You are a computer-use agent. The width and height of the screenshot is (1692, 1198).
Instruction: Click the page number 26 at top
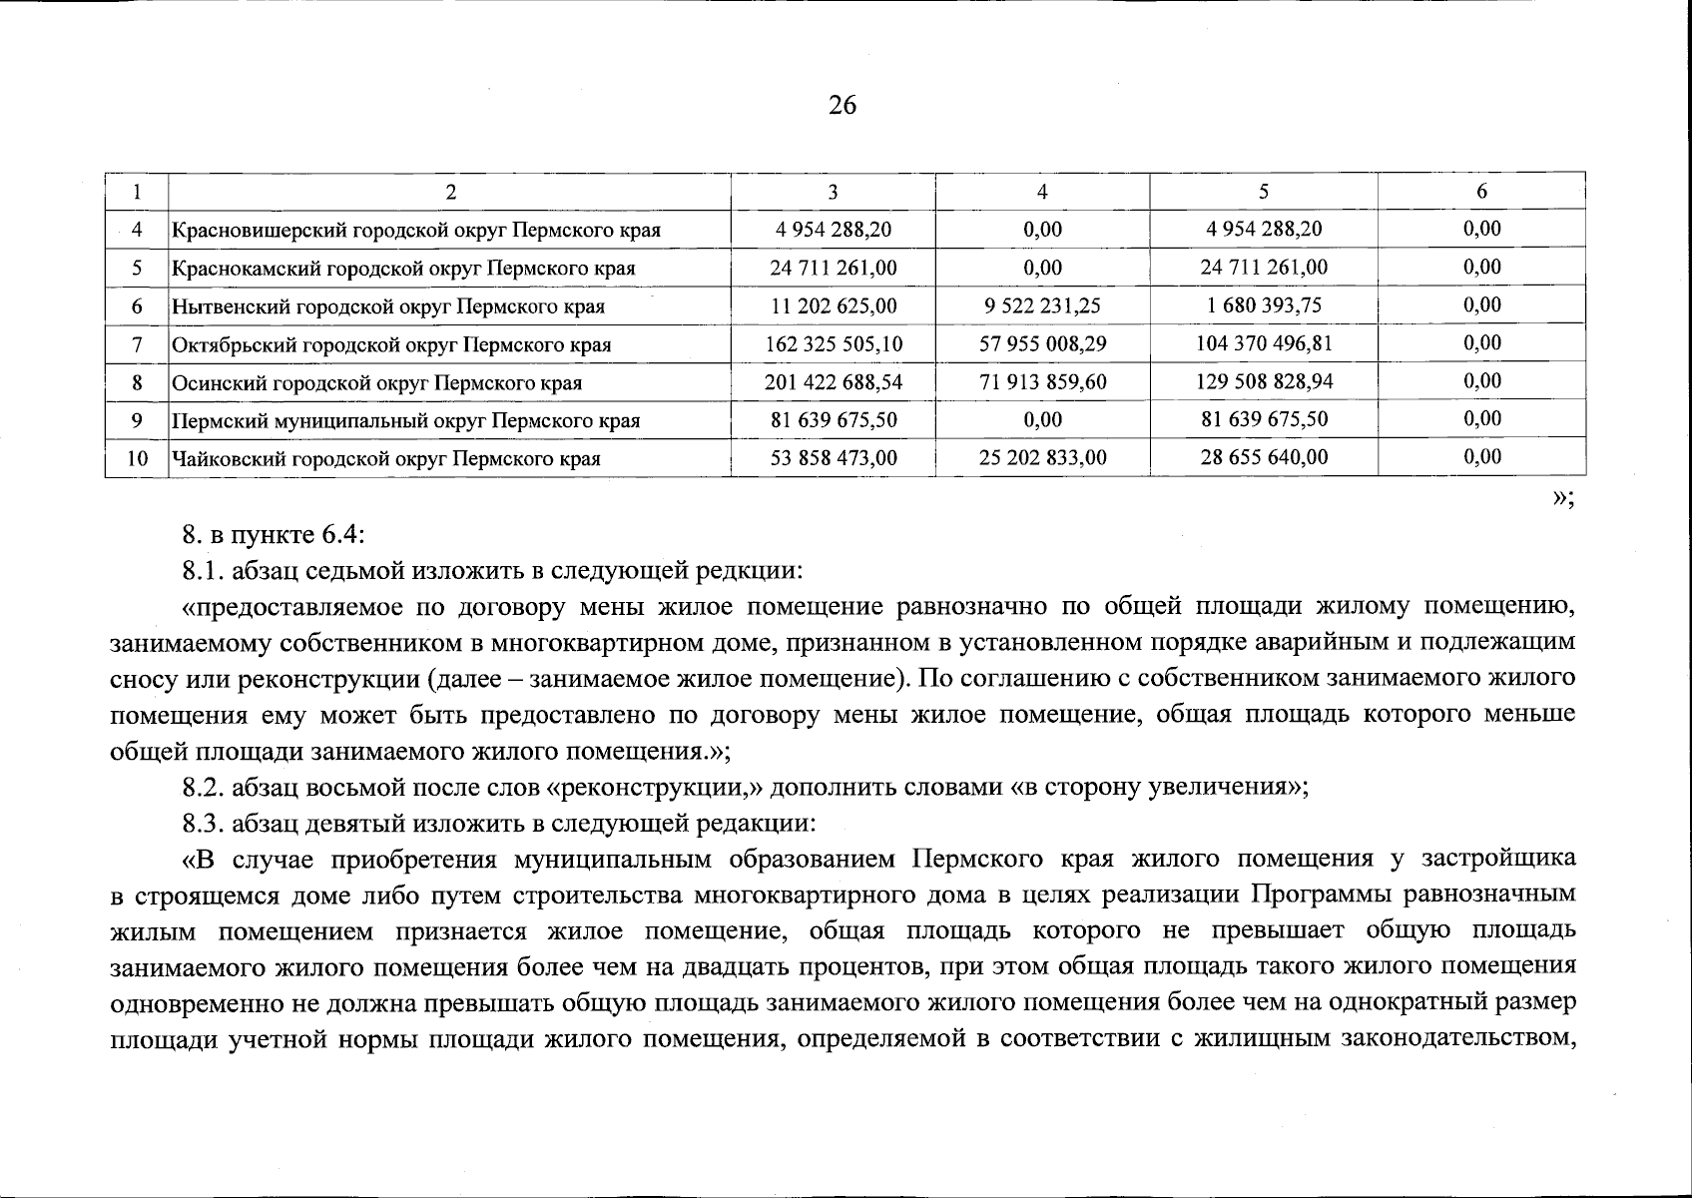(x=842, y=105)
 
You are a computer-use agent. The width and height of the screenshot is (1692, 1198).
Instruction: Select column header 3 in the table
(x=833, y=192)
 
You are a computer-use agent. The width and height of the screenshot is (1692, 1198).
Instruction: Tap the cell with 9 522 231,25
(x=1042, y=305)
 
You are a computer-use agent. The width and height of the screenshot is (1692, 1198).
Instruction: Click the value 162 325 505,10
(x=833, y=344)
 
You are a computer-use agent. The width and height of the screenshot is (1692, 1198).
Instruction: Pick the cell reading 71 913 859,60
(x=1042, y=382)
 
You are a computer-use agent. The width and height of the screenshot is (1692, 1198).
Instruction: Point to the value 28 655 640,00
(x=1264, y=458)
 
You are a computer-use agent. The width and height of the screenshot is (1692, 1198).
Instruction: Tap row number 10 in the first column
(x=137, y=459)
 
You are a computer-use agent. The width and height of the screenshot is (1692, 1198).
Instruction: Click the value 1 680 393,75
(x=1264, y=305)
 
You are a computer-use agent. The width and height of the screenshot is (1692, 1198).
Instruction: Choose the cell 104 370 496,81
(x=1264, y=344)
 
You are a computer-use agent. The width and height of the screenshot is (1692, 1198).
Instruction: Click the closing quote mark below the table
(x=1561, y=500)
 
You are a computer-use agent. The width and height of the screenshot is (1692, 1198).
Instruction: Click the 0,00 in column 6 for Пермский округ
(x=1481, y=419)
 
